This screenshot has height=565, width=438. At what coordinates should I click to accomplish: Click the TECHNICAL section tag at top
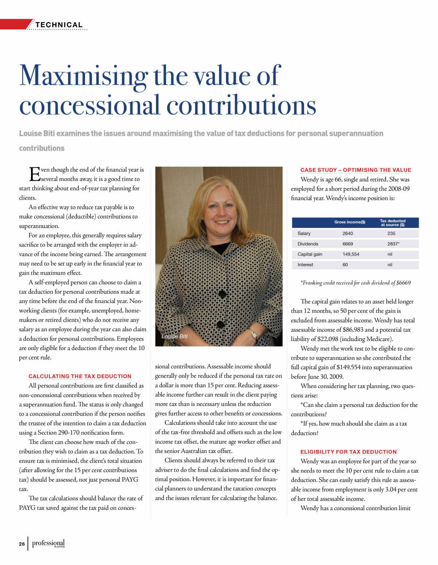tap(59, 25)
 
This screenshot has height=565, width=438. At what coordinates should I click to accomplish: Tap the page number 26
tap(22, 544)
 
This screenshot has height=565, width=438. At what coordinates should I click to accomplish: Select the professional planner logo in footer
tap(49, 543)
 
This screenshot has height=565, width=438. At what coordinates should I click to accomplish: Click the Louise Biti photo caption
tap(174, 336)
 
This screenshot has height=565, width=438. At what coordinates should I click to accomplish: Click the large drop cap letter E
tap(34, 174)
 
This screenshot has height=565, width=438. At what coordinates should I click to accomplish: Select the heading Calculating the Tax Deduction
tap(80, 376)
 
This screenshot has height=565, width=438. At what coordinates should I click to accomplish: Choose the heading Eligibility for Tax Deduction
tap(348, 452)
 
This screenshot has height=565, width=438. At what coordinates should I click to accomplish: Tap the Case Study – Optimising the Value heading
tap(356, 170)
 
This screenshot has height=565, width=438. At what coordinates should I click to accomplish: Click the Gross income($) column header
tap(350, 222)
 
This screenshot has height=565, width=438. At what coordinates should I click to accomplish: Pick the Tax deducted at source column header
tap(392, 222)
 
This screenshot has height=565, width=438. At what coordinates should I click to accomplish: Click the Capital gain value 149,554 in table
tap(351, 254)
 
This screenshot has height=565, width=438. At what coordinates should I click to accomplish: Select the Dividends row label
tap(308, 244)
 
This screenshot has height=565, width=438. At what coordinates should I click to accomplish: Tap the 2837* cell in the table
tap(393, 244)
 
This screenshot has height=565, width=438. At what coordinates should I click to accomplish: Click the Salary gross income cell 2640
tap(347, 233)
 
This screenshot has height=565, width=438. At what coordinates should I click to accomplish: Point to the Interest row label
tap(305, 265)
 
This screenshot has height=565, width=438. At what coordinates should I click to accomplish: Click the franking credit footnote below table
tap(356, 283)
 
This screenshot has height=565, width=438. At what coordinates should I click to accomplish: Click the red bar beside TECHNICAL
tap(15, 24)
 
